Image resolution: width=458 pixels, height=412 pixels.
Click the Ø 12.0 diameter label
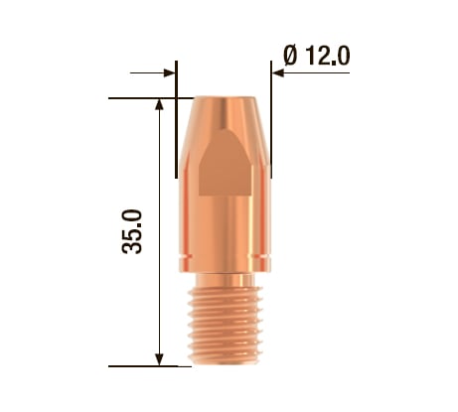(x=315, y=56)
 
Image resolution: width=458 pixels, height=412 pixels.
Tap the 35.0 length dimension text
(x=132, y=230)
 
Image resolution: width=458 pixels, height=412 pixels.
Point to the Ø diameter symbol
(x=290, y=56)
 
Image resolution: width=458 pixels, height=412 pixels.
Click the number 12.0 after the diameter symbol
(x=326, y=56)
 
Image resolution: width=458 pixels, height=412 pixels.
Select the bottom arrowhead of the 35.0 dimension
(x=159, y=358)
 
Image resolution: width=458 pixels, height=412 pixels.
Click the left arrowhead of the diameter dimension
(x=169, y=72)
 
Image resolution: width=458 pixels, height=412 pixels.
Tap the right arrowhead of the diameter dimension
(x=278, y=72)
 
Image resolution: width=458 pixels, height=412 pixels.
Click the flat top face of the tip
(x=224, y=98)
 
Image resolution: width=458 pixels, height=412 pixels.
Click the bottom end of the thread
(x=224, y=361)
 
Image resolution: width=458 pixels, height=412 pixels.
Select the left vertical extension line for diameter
(x=177, y=119)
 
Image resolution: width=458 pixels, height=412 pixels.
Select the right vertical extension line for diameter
(x=271, y=119)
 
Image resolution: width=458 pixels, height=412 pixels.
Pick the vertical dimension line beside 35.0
(x=159, y=298)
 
